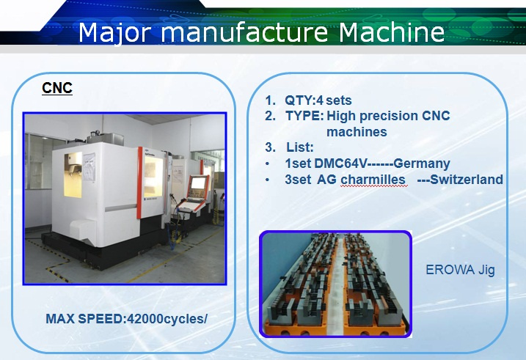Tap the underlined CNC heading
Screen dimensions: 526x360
tap(57, 88)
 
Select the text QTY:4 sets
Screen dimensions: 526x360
tap(318, 100)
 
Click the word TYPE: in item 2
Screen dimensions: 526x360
tap(304, 116)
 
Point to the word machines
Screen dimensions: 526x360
tap(357, 132)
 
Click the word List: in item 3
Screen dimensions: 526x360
tap(300, 147)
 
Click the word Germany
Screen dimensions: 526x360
tap(422, 164)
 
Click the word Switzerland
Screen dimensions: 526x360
tap(467, 180)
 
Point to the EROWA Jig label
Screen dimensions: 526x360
tap(460, 270)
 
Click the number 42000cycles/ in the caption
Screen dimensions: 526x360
tap(167, 319)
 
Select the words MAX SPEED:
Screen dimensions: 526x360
tap(86, 319)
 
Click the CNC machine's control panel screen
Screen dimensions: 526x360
tap(198, 184)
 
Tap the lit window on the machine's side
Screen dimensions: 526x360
tap(73, 175)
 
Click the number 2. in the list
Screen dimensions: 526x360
tap(271, 116)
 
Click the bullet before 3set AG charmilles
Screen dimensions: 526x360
tap(267, 180)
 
